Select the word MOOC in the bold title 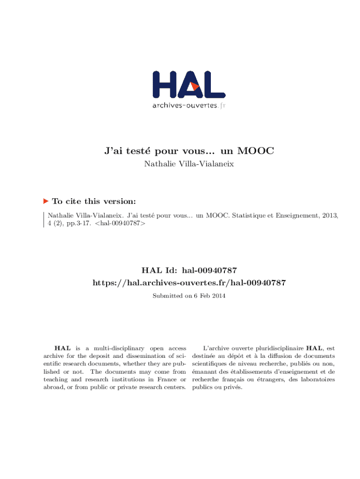coord(255,151)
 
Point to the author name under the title coord(189,164)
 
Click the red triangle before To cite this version coord(46,201)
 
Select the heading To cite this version coord(94,202)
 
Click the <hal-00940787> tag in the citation coord(120,224)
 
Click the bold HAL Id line coord(189,270)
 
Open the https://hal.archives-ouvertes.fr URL coord(189,283)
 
